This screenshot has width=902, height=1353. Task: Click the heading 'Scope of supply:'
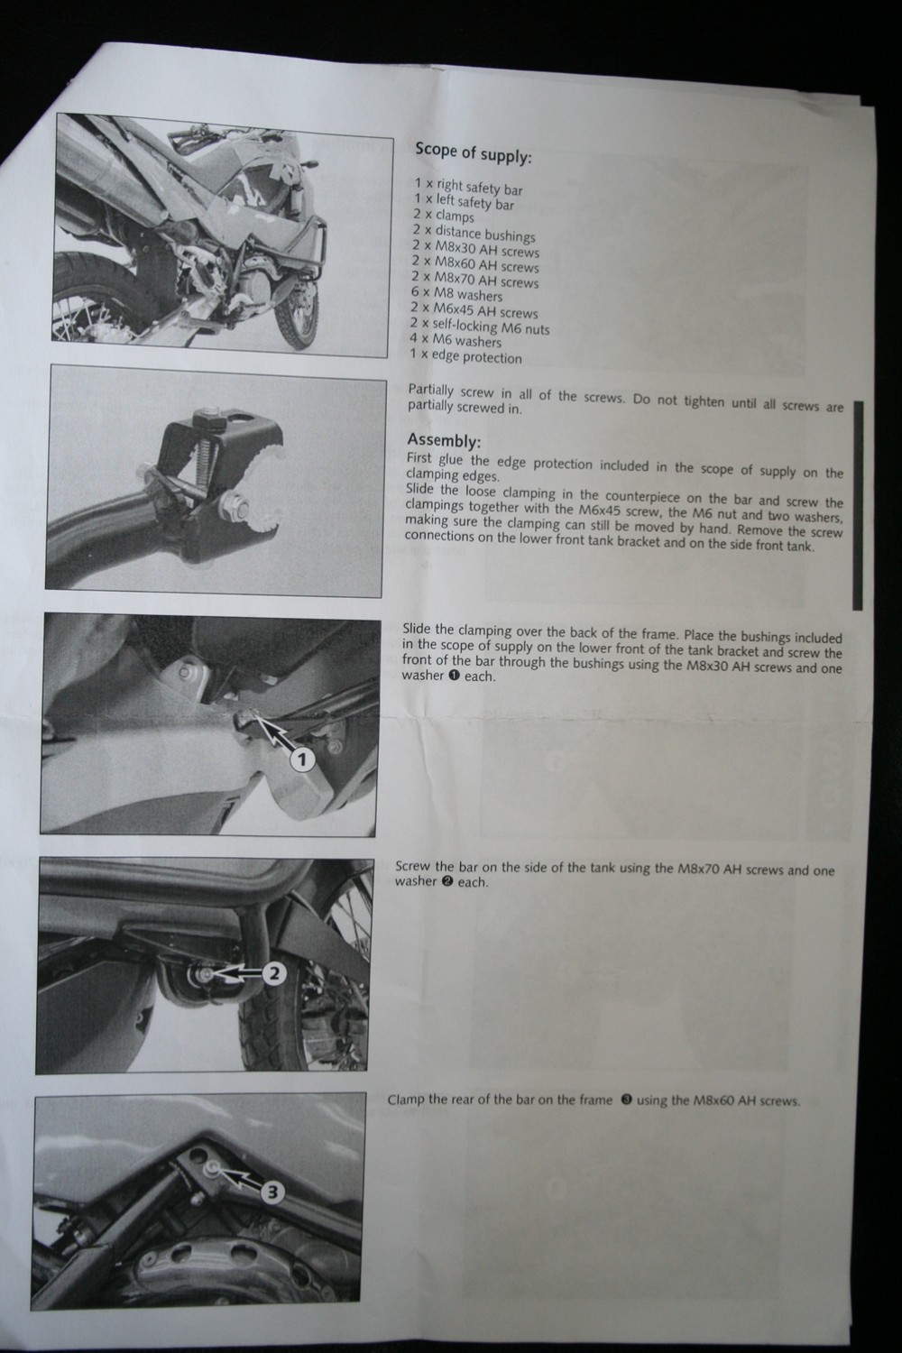473,152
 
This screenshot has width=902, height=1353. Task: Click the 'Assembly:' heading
444,440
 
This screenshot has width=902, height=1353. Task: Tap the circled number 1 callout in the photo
302,759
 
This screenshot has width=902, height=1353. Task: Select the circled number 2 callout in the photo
273,973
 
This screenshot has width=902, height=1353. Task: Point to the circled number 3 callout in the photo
273,1192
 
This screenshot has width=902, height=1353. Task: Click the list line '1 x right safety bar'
468,186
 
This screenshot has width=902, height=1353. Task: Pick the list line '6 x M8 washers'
456,293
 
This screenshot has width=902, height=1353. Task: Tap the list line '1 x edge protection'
465,355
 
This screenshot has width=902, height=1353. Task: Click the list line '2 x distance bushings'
474,233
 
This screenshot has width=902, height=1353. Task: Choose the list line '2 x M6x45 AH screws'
474,310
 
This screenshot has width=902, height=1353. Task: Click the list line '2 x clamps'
444,216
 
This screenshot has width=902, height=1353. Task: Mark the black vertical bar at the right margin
857,505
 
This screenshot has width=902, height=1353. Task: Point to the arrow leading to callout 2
235,973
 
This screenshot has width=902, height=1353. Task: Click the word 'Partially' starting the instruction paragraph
431,391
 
